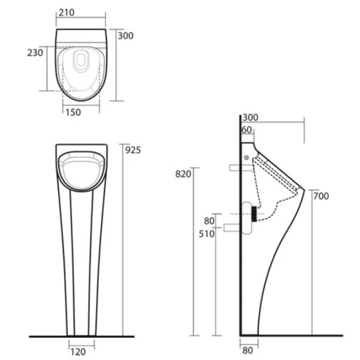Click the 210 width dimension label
67,13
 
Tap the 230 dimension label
35,53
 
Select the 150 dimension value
74,112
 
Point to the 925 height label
133,150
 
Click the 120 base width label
78,352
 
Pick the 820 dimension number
183,174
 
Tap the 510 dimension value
207,234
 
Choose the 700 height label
321,196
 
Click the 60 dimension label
247,130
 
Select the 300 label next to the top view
125,36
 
